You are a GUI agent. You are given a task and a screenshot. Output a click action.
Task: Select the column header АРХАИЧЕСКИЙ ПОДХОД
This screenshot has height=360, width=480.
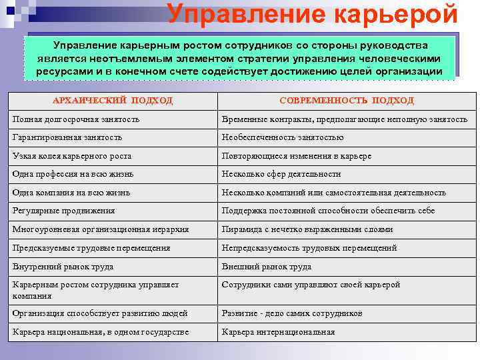(x=113, y=100)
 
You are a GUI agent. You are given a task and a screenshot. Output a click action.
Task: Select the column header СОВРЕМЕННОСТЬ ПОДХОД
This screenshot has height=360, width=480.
(x=347, y=100)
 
